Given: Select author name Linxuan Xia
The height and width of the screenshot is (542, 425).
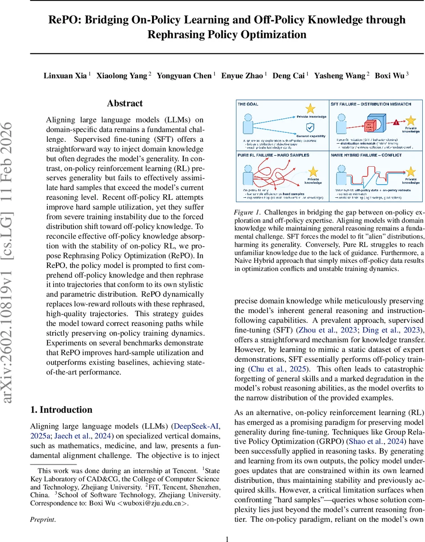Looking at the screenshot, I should coord(65,75).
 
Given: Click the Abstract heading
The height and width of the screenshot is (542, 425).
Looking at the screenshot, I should coord(125,103).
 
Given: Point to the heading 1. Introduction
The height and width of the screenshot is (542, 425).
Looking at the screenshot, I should coord(61,410).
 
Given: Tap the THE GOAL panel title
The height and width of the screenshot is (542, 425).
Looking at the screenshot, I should coord(248,104).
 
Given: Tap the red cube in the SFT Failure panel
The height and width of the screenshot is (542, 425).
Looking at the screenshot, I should coord(370,125).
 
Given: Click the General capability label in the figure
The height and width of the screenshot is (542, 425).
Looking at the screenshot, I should coord(311,135).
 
